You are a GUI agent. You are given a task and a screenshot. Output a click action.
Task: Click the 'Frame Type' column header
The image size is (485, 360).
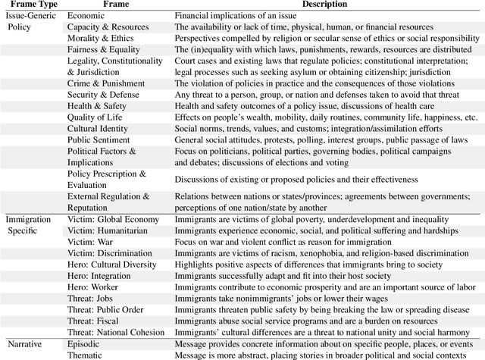point(31,5)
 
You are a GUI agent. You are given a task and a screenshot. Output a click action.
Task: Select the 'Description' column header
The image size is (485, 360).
point(327,5)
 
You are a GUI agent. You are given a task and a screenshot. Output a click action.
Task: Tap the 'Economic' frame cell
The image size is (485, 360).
point(86,15)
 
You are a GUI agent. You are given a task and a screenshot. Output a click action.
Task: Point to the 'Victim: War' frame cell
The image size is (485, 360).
point(92,242)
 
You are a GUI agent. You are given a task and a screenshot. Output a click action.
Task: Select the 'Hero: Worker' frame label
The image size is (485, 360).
point(95,287)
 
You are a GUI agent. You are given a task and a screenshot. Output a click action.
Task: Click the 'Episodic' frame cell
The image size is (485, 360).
point(85,344)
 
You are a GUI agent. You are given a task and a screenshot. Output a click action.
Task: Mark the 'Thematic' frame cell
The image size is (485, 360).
point(86,355)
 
